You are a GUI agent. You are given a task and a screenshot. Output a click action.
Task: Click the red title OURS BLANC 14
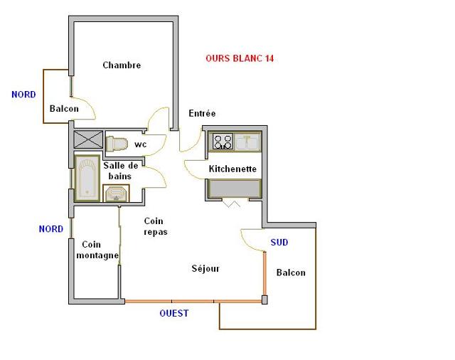240,58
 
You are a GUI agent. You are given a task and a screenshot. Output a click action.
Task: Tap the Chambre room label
122,65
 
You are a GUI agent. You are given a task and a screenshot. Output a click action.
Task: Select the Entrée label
202,114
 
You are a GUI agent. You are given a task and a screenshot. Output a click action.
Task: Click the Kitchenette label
232,169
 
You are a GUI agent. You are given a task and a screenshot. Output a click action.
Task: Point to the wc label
141,144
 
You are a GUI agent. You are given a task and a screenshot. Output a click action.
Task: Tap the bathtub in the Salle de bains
87,178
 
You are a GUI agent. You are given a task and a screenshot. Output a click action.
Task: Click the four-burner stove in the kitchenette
223,142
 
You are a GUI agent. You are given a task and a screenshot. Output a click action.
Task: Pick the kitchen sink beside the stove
248,142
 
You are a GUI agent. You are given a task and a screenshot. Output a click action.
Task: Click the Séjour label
205,269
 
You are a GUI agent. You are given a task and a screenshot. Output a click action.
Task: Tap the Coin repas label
155,226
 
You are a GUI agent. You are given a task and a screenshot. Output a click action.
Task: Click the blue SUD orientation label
279,243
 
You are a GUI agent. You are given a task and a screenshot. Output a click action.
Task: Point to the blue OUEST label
174,313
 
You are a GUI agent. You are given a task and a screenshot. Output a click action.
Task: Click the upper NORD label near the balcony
23,94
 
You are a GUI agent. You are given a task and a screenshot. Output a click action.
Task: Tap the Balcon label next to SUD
291,272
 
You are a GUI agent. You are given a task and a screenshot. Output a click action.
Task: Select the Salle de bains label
120,171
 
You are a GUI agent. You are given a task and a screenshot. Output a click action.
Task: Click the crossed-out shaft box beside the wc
88,139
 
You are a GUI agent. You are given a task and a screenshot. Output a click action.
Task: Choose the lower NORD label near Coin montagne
50,229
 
